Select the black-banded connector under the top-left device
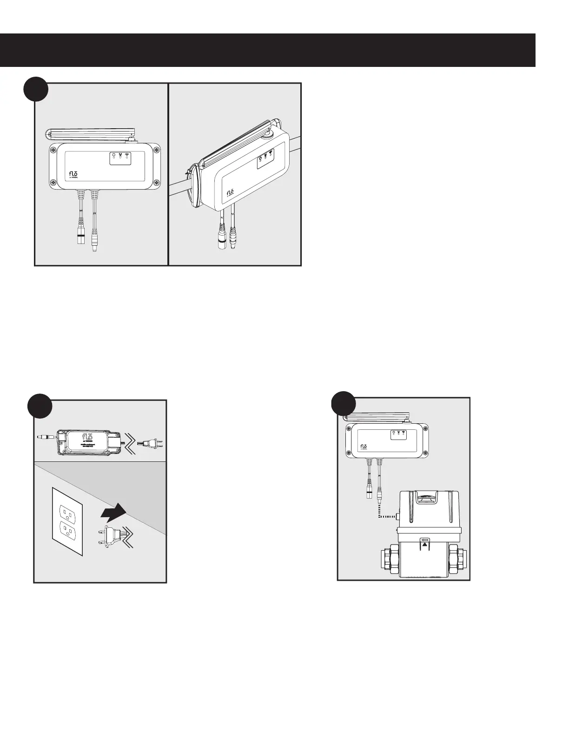tap(80, 235)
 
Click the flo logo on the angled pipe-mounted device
tap(230, 193)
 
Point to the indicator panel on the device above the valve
tap(398, 434)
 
